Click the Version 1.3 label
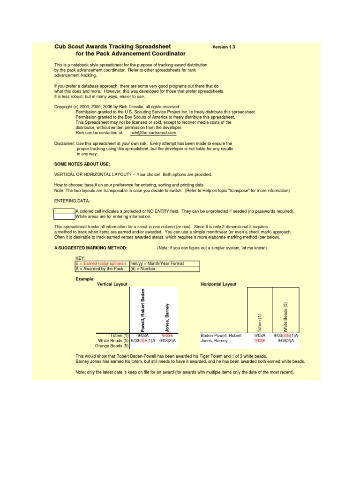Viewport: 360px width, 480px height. [x=224, y=47]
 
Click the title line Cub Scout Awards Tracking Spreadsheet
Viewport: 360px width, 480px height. [x=112, y=46]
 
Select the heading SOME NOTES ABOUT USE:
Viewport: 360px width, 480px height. [x=82, y=164]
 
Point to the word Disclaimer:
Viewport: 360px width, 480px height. [x=65, y=143]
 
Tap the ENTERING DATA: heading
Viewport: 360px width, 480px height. [x=68, y=201]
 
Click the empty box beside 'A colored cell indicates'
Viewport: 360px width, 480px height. [x=64, y=211]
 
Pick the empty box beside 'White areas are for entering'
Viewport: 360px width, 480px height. [x=64, y=217]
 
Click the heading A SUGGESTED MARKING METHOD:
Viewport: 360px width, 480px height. [x=90, y=247]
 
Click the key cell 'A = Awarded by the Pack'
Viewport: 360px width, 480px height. [x=99, y=269]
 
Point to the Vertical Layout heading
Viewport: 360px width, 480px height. [x=112, y=284]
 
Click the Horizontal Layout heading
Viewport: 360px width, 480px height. [x=218, y=284]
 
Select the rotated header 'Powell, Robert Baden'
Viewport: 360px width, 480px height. [x=143, y=309]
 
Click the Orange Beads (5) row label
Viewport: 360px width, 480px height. [x=112, y=346]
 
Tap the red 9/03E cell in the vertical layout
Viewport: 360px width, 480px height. [x=167, y=336]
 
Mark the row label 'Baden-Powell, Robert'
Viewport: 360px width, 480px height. [x=221, y=336]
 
